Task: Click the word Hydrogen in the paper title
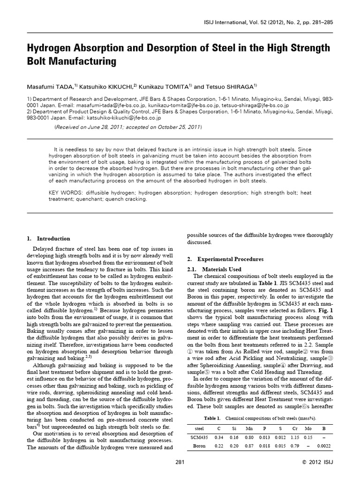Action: coord(49,49)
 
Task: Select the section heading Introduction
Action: coord(53,238)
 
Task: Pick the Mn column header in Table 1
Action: coord(249,428)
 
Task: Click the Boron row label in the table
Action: coord(199,446)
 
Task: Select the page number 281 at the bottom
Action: coord(180,463)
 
